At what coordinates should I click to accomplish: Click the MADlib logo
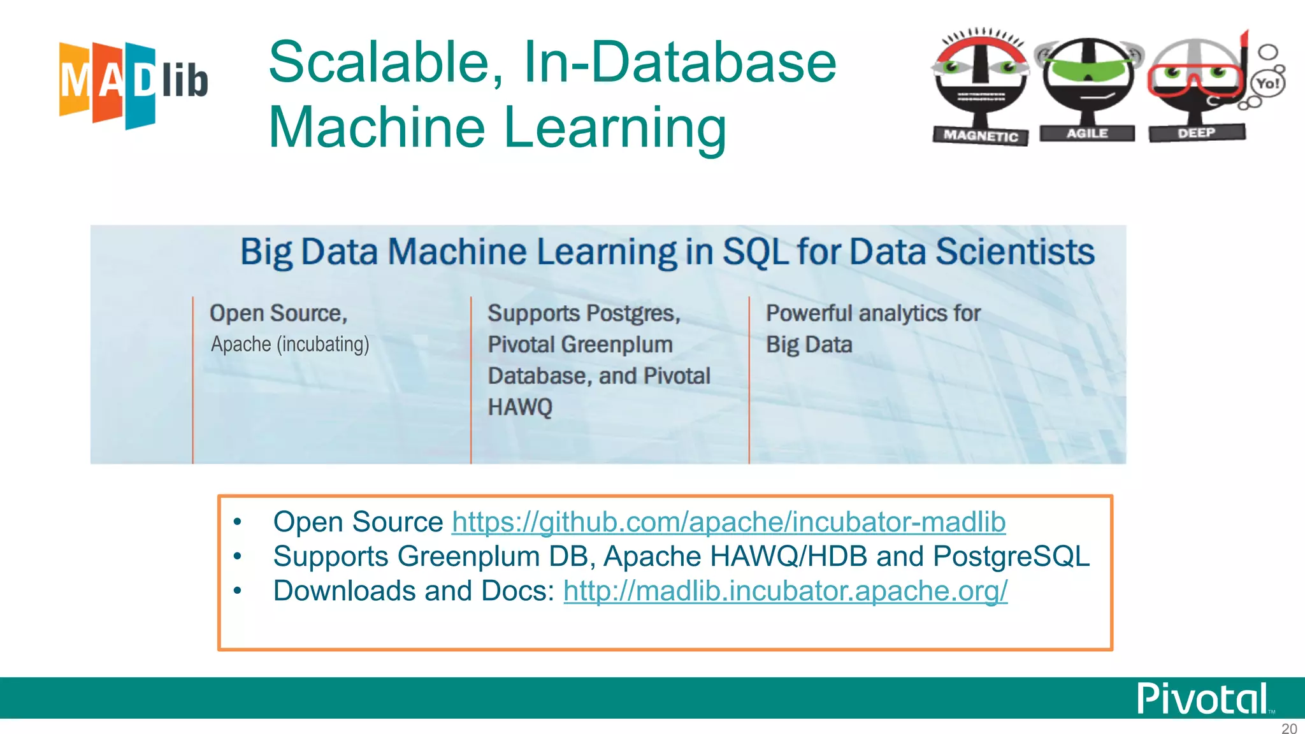point(133,83)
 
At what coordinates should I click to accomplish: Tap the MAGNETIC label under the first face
point(981,135)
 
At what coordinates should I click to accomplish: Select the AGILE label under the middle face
point(1087,133)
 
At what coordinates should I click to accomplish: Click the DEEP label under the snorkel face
point(1196,133)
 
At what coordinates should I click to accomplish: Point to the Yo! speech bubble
point(1267,83)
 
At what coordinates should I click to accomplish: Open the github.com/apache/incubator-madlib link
point(728,522)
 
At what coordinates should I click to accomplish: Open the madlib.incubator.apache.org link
point(785,591)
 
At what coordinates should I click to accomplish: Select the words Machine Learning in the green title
point(497,127)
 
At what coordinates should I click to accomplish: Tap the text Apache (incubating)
point(290,344)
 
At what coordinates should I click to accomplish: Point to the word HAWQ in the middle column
point(520,407)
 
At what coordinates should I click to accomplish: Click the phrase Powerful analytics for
point(873,313)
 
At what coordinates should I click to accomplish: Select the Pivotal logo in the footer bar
point(1202,699)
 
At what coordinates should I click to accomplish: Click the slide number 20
point(1288,728)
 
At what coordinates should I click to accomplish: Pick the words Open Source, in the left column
point(278,313)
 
